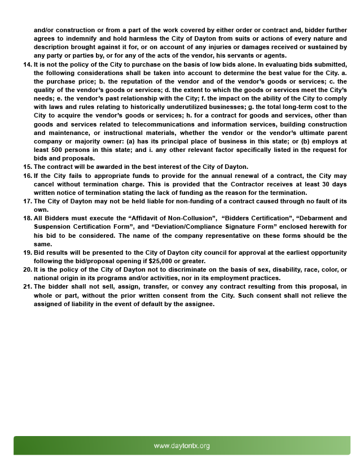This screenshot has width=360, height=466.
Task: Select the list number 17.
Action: coord(27,201)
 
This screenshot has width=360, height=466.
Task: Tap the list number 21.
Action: coord(27,286)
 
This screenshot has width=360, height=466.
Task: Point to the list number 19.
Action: coord(27,252)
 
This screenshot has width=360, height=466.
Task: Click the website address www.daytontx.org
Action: coord(182,446)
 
